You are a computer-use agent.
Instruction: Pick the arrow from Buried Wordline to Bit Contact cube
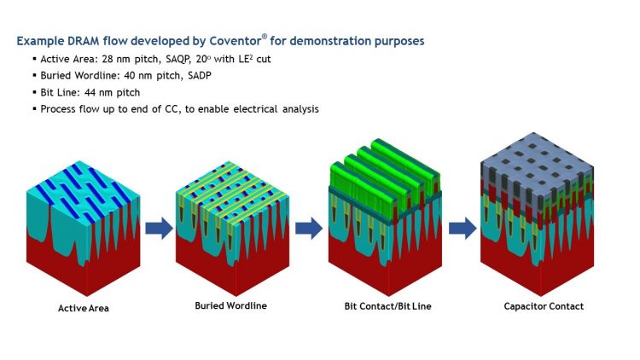pos(306,228)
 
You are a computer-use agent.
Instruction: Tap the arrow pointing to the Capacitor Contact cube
pos(461,228)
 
